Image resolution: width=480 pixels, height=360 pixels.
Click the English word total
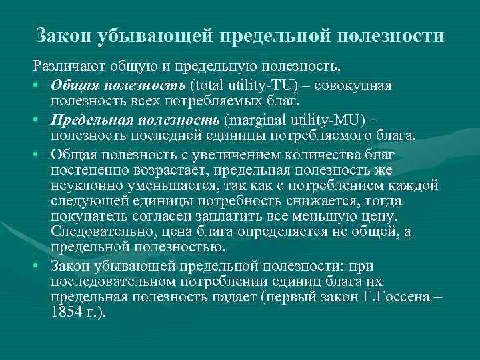point(207,86)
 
